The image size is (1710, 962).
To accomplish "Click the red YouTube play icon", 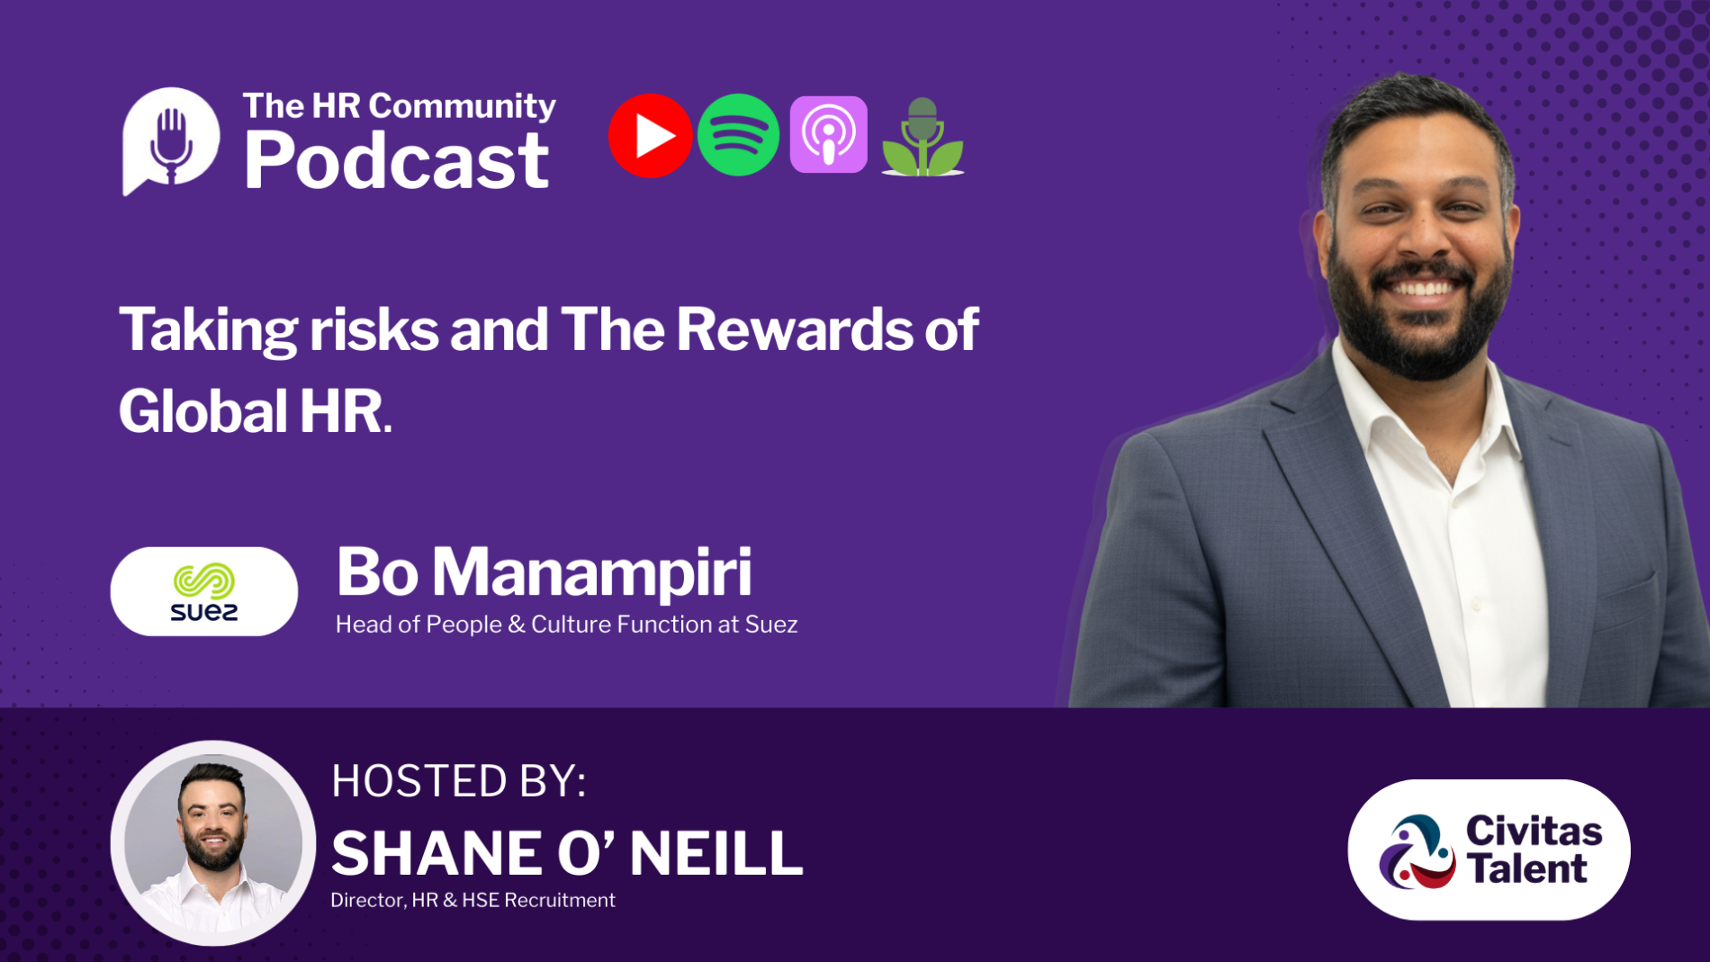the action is click(x=650, y=136).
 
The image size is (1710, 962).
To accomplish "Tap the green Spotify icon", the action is click(x=738, y=135).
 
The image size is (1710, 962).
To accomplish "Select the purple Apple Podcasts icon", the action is click(x=828, y=134).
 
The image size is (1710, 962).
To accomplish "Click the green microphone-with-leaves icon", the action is click(x=922, y=137).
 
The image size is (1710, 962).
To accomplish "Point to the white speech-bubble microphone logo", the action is click(x=170, y=140).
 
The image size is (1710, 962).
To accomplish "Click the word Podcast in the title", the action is click(x=396, y=160).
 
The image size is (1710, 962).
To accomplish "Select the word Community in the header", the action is click(x=462, y=107).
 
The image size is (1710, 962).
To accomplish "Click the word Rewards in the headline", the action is click(x=794, y=329).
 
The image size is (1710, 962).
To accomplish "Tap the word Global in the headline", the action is click(x=202, y=411).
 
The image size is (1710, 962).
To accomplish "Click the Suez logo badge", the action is click(x=204, y=591).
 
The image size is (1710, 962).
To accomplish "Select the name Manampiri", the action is click(x=591, y=573).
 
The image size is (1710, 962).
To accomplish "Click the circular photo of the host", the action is click(x=213, y=843).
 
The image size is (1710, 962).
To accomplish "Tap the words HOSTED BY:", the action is click(x=459, y=781).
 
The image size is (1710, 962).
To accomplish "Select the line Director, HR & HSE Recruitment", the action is click(x=472, y=900).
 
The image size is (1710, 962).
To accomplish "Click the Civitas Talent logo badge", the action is click(x=1489, y=850).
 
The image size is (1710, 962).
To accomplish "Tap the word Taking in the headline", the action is click(x=208, y=331).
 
